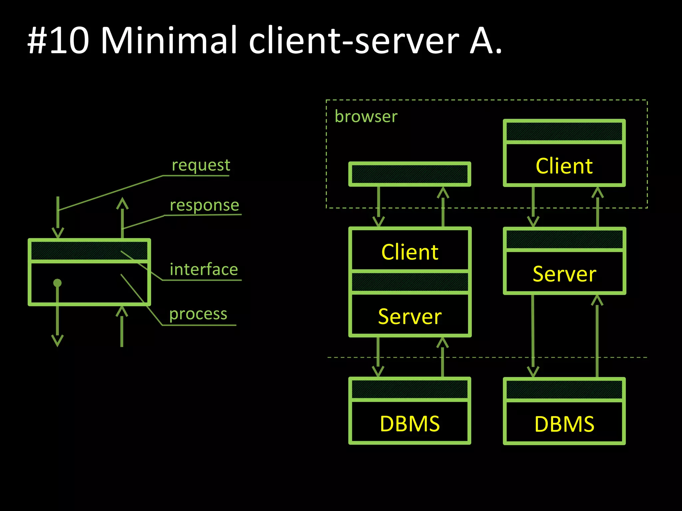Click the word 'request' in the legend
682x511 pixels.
pos(201,165)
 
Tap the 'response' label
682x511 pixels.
pos(204,205)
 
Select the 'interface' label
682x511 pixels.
pos(204,269)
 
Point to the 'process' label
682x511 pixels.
pos(198,314)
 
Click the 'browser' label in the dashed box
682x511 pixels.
pos(366,116)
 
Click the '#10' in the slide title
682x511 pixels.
pos(58,41)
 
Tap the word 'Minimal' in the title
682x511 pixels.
pos(169,41)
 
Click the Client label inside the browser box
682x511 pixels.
pos(564,166)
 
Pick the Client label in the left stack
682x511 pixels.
pos(410,252)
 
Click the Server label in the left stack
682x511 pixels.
pos(410,316)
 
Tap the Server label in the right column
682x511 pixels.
pos(564,274)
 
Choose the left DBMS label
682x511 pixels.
pos(410,424)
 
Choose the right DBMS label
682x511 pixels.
pos(564,424)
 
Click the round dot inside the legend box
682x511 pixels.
pos(57,283)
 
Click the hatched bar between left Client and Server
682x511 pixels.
pos(410,282)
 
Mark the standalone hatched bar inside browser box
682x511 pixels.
pos(410,174)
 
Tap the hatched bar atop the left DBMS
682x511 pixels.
pos(410,389)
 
